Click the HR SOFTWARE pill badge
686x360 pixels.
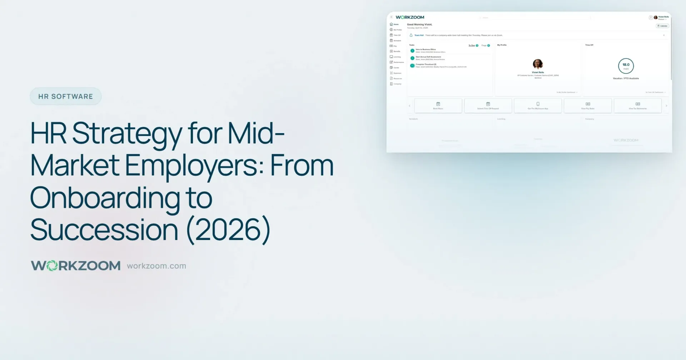(x=66, y=96)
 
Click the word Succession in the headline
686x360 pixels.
(x=104, y=230)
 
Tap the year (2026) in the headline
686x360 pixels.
(x=229, y=230)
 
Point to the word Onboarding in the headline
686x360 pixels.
(x=104, y=198)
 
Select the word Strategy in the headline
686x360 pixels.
(x=127, y=134)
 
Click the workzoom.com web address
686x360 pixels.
(x=156, y=266)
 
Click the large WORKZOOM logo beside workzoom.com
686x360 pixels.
(x=76, y=266)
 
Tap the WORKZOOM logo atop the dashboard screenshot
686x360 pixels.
(x=410, y=17)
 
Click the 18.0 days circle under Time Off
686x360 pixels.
(x=626, y=66)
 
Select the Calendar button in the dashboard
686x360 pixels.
(x=662, y=26)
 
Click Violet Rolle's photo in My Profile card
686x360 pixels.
(x=538, y=64)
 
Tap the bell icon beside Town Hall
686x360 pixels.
(x=411, y=35)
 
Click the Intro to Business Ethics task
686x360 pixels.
(x=426, y=50)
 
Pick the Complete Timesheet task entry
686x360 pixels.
(x=426, y=64)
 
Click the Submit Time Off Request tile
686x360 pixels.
(x=488, y=106)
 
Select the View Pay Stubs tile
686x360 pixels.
(x=588, y=106)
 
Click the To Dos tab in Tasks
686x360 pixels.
(x=472, y=45)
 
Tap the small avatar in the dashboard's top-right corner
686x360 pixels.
(x=656, y=17)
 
